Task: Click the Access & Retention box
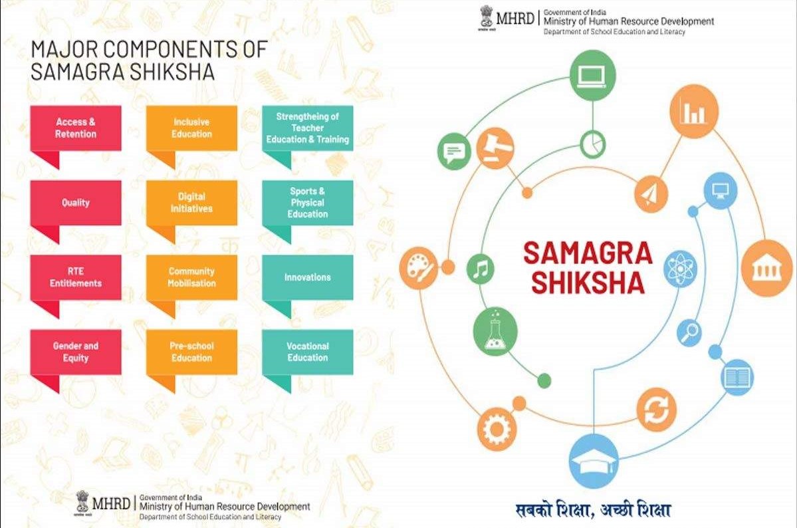tap(76, 128)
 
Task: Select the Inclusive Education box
tap(191, 128)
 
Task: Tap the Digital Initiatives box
tap(191, 202)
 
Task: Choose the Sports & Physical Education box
tap(308, 202)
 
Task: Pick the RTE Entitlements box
tap(76, 277)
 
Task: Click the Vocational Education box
tap(308, 352)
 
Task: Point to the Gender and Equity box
tap(76, 352)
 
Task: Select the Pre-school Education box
tap(191, 352)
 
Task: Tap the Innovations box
tap(308, 277)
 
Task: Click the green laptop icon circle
tap(593, 76)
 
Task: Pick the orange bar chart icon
tap(694, 112)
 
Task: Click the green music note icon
tap(481, 269)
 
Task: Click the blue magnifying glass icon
tap(689, 334)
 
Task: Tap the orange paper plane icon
tap(651, 194)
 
